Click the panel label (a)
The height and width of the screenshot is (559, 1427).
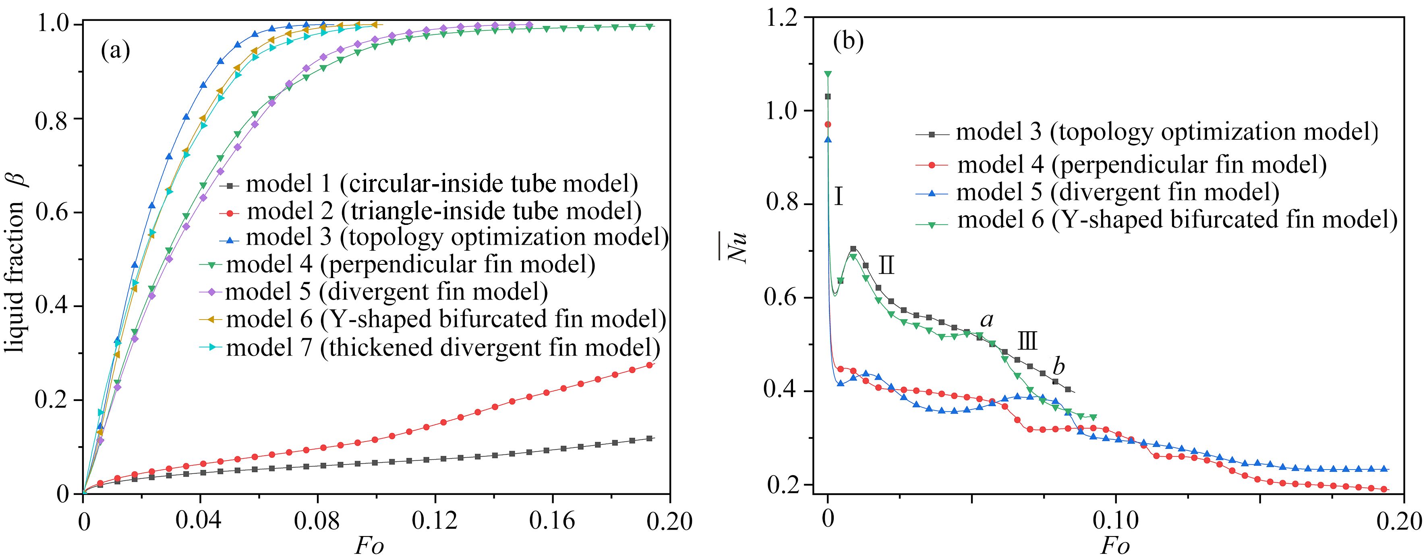pyautogui.click(x=115, y=51)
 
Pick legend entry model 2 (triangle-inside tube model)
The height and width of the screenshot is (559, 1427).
pyautogui.click(x=444, y=211)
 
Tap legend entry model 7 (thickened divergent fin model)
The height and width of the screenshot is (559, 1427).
pyautogui.click(x=443, y=348)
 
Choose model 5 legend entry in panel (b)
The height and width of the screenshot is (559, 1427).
pyautogui.click(x=1117, y=192)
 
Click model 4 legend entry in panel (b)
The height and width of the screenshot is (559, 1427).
pyautogui.click(x=1141, y=165)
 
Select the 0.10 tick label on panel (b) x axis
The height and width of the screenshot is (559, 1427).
pyautogui.click(x=1115, y=521)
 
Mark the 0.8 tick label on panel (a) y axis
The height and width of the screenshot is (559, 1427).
pyautogui.click(x=53, y=120)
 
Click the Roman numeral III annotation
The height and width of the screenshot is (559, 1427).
pyautogui.click(x=1027, y=341)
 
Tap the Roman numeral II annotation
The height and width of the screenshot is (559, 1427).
pyautogui.click(x=886, y=266)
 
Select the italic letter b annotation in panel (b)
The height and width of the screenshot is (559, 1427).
pyautogui.click(x=1058, y=367)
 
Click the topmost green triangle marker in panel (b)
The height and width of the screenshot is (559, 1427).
pyautogui.click(x=828, y=74)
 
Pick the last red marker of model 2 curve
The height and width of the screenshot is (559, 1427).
pyautogui.click(x=650, y=365)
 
